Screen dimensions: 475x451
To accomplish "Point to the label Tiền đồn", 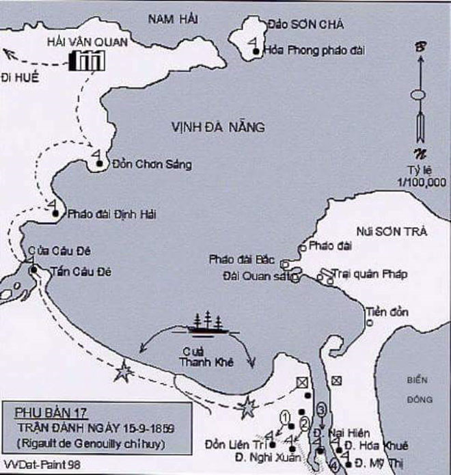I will click(x=387, y=312).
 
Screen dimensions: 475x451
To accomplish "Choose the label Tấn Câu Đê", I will click(x=81, y=271).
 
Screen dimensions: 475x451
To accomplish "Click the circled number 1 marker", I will click(x=285, y=417).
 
